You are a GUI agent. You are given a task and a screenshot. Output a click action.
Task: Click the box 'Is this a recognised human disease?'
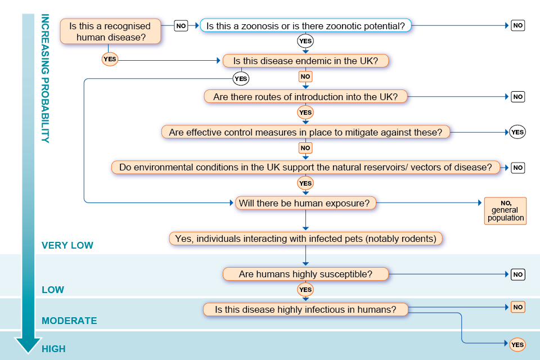tap(110, 31)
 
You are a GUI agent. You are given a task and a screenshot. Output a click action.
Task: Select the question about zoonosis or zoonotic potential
tap(305, 25)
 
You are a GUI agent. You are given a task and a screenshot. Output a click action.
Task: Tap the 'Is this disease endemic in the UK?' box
tap(305, 61)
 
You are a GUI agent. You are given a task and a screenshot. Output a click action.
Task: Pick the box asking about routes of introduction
tap(305, 97)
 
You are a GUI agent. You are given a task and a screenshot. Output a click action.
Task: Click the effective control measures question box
tap(305, 132)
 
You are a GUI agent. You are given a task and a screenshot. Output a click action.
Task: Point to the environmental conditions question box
tap(305, 167)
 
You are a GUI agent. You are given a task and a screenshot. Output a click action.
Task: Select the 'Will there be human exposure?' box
tap(305, 203)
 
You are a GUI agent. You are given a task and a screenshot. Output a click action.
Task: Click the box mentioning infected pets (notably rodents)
tap(305, 238)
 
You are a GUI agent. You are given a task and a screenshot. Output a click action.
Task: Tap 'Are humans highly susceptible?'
tap(305, 274)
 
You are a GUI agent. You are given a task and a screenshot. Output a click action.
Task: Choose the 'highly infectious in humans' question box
tap(305, 309)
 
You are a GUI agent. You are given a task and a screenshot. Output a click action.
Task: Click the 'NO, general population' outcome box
tap(506, 211)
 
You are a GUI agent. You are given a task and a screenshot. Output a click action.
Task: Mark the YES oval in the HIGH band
tap(517, 345)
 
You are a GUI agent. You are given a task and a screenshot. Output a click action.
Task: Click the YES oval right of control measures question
tap(517, 132)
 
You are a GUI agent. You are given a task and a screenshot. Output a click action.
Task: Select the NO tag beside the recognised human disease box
tap(181, 25)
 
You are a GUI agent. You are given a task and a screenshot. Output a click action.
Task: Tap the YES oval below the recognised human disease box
tap(110, 58)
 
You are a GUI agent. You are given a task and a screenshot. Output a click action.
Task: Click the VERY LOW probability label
tap(67, 245)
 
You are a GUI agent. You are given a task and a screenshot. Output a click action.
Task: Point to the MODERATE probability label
tap(69, 321)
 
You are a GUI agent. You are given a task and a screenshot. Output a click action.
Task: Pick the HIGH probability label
tap(53, 349)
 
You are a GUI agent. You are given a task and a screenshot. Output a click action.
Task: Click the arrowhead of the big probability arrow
tap(28, 344)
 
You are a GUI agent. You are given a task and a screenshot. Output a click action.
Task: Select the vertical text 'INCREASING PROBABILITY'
tap(45, 79)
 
